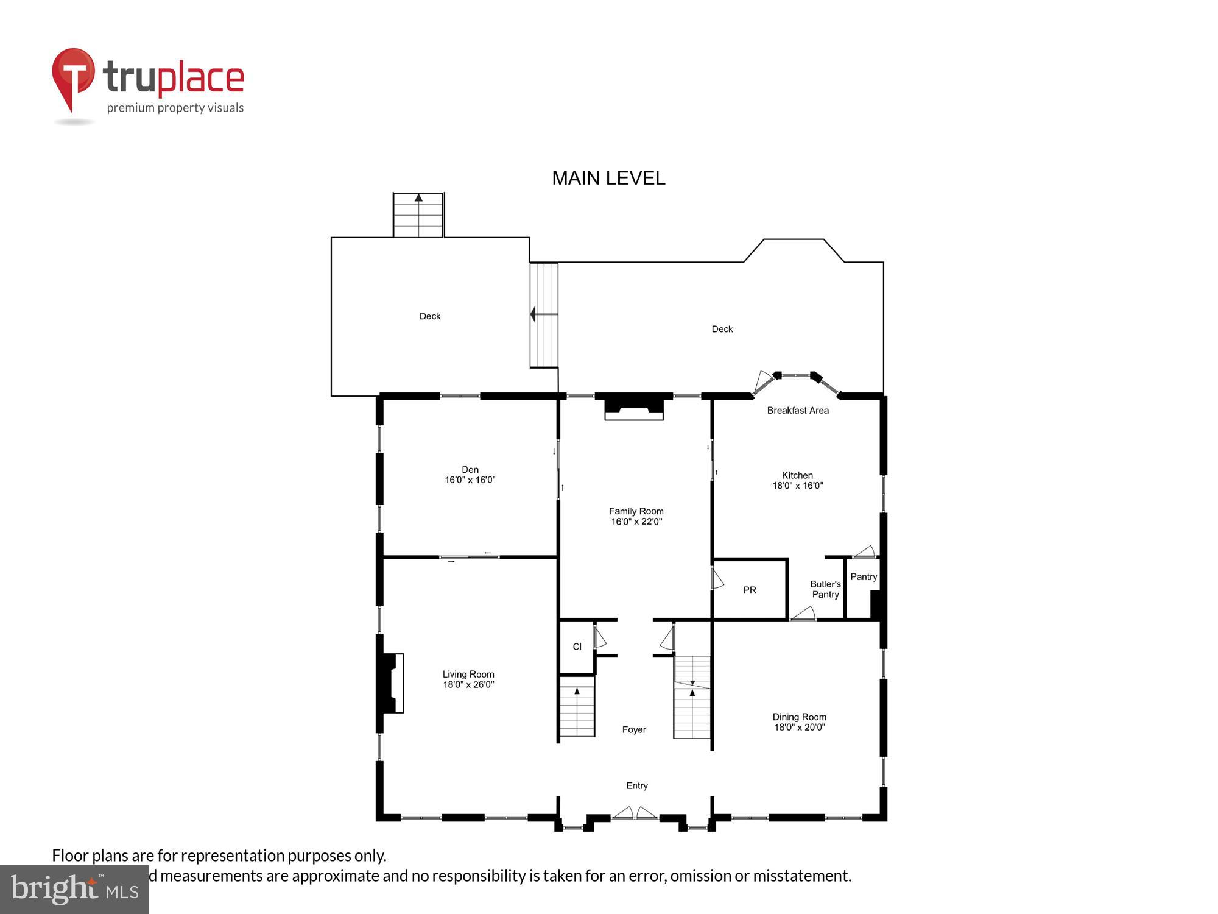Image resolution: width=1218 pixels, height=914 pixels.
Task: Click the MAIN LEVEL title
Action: [x=608, y=178]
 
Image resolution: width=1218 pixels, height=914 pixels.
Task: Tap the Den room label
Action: [x=470, y=469]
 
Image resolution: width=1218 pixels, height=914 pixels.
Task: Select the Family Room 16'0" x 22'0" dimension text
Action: [x=636, y=522]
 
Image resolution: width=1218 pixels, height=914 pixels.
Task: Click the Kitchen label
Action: [x=797, y=475]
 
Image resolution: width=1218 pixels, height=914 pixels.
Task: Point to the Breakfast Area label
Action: [x=798, y=411]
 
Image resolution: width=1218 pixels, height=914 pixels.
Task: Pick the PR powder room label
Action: [x=750, y=590]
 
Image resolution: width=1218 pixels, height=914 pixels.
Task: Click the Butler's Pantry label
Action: [x=825, y=589]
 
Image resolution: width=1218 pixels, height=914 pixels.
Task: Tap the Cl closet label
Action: [x=577, y=647]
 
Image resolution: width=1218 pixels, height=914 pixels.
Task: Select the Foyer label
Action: [x=634, y=729]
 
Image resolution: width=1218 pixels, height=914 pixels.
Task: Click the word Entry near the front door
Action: [x=637, y=785]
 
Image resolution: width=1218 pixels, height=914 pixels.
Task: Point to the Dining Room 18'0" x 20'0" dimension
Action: [x=800, y=727]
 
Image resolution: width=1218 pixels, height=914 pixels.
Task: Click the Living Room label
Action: [x=468, y=674]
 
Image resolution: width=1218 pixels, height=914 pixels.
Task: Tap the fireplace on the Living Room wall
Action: [x=392, y=682]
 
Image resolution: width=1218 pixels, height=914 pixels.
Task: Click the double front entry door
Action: [x=635, y=813]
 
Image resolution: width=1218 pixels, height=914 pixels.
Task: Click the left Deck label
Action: [x=430, y=316]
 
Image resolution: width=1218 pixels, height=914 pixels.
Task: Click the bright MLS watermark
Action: [x=74, y=890]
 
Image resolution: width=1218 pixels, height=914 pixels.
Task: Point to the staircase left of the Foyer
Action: [x=577, y=711]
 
